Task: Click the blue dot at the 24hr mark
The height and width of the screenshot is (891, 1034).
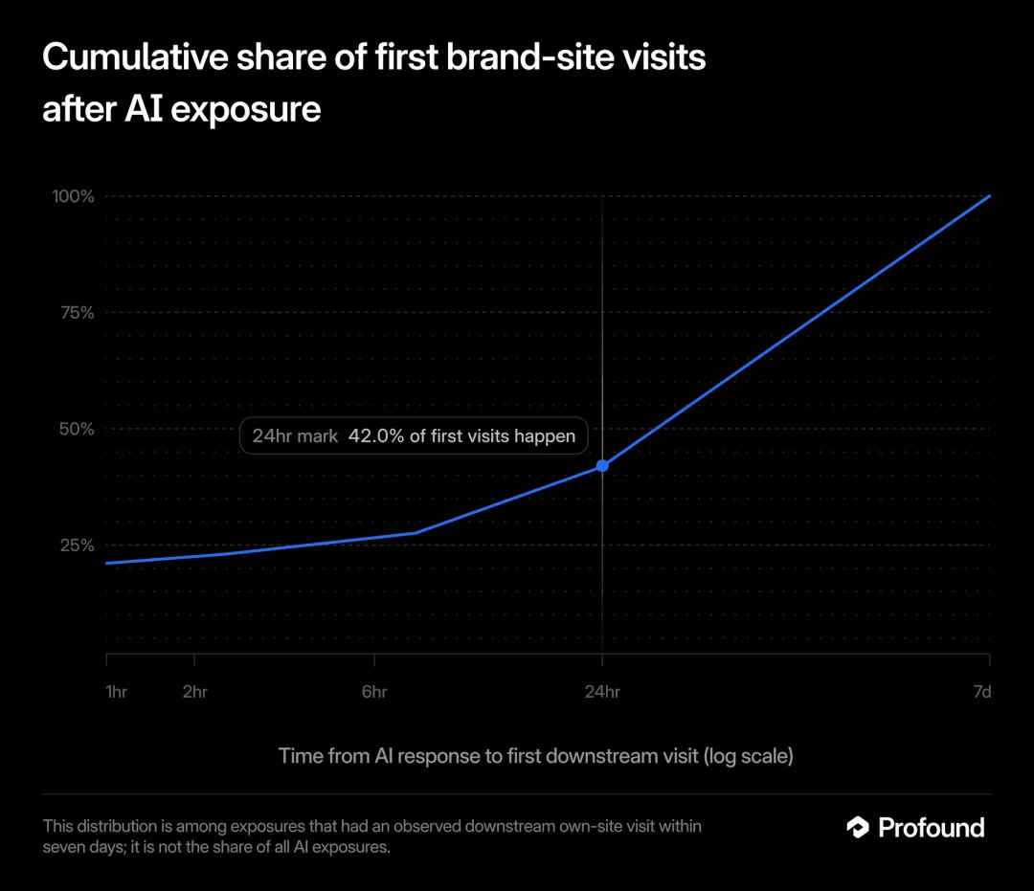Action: [602, 466]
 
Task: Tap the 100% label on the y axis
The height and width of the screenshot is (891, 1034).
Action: [73, 196]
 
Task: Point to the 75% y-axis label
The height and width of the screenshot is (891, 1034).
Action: [78, 312]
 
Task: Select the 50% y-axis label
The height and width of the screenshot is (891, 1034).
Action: [77, 429]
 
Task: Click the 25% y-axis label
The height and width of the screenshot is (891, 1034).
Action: [78, 545]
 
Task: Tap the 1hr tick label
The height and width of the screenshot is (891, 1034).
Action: [116, 691]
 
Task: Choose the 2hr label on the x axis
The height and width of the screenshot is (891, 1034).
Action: [194, 691]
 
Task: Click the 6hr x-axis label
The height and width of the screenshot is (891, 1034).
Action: [374, 691]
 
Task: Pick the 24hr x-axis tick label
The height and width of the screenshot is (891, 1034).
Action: [602, 691]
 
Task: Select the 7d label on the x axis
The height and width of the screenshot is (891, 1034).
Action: [982, 691]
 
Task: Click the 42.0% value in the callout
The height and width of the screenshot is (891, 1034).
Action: [376, 436]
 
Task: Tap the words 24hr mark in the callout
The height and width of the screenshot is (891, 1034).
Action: [295, 436]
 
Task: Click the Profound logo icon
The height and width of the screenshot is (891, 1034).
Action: [858, 827]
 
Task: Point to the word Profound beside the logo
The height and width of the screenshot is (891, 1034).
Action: [932, 828]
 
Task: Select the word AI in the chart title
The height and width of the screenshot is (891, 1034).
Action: [143, 109]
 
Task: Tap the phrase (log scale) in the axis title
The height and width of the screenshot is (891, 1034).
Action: [749, 756]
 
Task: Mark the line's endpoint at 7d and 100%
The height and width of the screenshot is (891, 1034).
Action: [990, 196]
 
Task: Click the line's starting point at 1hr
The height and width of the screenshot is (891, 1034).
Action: [107, 563]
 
